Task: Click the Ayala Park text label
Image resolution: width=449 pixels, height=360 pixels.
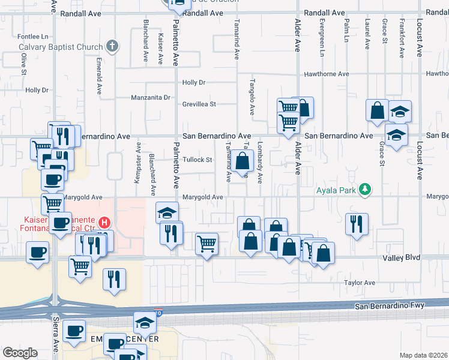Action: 337,191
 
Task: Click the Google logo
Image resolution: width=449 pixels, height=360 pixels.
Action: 20,353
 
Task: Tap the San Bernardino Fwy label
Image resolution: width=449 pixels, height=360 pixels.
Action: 390,306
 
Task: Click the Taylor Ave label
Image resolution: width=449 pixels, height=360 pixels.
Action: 360,283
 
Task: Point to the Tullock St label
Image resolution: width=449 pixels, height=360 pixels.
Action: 198,160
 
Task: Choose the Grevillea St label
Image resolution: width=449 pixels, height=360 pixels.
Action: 199,104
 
